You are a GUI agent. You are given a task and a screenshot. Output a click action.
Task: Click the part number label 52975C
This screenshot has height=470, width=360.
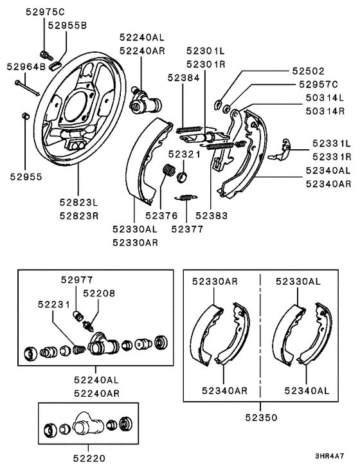(x=45, y=12)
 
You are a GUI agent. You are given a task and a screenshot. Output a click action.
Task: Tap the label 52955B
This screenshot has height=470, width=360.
(x=67, y=26)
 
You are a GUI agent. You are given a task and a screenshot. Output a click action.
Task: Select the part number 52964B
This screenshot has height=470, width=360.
(x=26, y=66)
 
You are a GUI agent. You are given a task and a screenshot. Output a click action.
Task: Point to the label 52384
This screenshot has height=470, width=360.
(x=183, y=78)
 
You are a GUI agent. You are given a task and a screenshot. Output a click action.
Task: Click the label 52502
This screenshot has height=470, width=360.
(x=309, y=71)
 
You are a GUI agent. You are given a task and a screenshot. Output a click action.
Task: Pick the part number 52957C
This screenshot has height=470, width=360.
(x=318, y=84)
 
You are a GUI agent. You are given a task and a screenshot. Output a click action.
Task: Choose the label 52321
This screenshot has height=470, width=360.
(x=184, y=154)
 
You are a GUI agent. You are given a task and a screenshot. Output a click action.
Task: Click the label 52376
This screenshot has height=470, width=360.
(x=161, y=215)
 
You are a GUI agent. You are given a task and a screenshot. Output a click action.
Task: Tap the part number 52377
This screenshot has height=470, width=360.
(x=187, y=229)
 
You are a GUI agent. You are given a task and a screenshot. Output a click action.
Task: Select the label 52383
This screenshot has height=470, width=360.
(x=212, y=215)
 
